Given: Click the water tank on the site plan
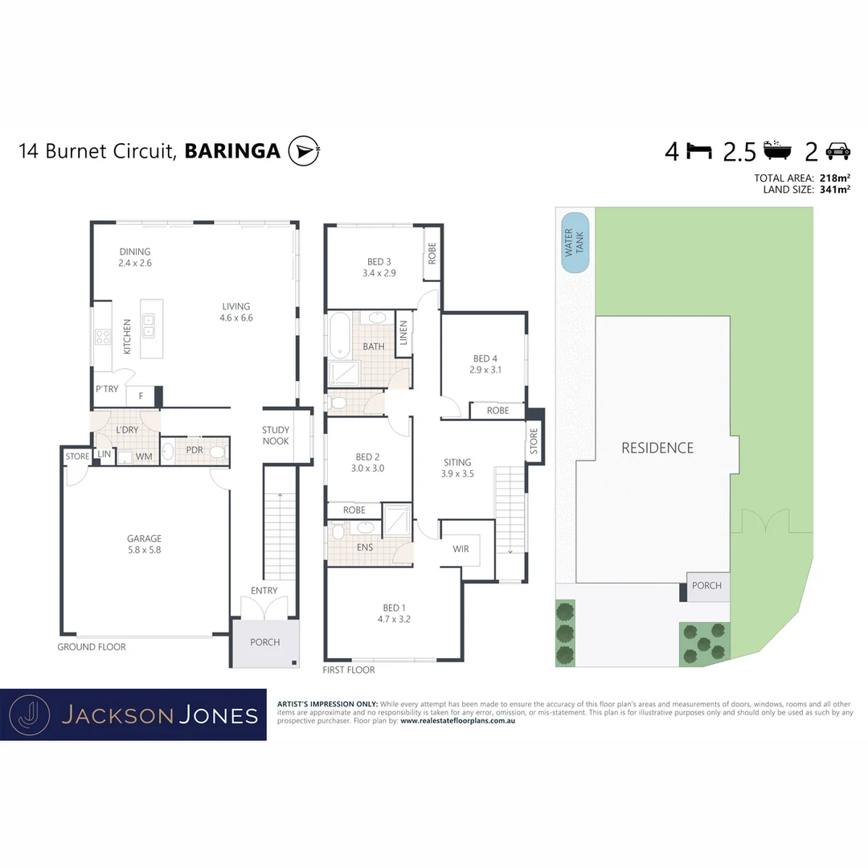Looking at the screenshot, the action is (575, 243).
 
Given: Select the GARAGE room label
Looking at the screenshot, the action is (144, 538).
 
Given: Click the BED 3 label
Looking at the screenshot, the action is (379, 261).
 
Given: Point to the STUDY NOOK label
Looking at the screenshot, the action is (276, 436).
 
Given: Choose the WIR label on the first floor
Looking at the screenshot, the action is (461, 549).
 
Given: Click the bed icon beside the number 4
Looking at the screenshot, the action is (700, 150).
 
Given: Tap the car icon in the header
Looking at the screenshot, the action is (837, 150).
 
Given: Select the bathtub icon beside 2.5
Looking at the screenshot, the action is (778, 149).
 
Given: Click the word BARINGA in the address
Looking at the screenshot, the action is (232, 151).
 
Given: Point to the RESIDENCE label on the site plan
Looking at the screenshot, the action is (657, 448).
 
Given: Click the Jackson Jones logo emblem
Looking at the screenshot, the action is (29, 714).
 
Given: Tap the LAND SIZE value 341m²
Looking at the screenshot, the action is (834, 190).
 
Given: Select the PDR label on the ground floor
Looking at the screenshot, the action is (194, 450).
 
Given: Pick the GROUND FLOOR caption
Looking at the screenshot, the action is (92, 647).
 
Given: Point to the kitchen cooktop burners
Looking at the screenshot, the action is (104, 337).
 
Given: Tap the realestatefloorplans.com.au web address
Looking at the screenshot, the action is (457, 721).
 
